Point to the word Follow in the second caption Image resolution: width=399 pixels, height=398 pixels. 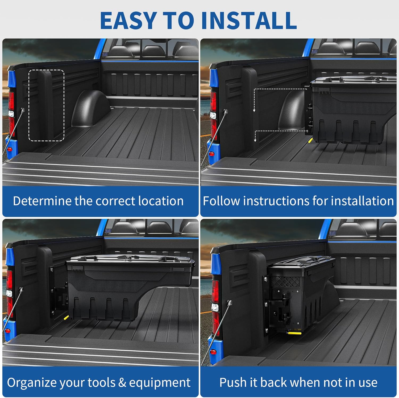[x=221, y=201]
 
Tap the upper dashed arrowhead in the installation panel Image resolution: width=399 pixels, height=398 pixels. [x=254, y=110]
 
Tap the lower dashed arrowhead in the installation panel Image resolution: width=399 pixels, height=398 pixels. [x=255, y=140]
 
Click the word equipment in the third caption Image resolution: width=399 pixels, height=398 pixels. [x=160, y=383]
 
